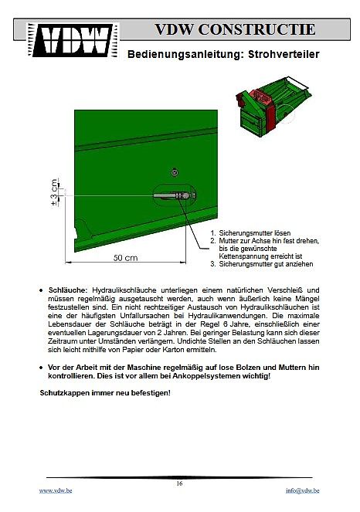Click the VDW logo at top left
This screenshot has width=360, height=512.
[73, 40]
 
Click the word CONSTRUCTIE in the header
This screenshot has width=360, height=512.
[256, 29]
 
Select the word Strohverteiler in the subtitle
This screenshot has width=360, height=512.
[284, 54]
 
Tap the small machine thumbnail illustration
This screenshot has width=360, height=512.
[273, 106]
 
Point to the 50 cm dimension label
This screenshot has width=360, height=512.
[125, 258]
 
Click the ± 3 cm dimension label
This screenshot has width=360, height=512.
[55, 192]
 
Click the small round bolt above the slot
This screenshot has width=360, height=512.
[175, 172]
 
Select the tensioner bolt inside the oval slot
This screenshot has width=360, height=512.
[174, 195]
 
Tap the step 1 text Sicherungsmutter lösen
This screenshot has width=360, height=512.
[254, 233]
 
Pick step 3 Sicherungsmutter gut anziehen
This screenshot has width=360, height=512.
[266, 264]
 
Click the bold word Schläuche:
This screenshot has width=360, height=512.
[68, 290]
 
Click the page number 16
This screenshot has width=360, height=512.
[179, 483]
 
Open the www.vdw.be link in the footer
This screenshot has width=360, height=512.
[56, 490]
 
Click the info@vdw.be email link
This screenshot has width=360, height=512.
[303, 490]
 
